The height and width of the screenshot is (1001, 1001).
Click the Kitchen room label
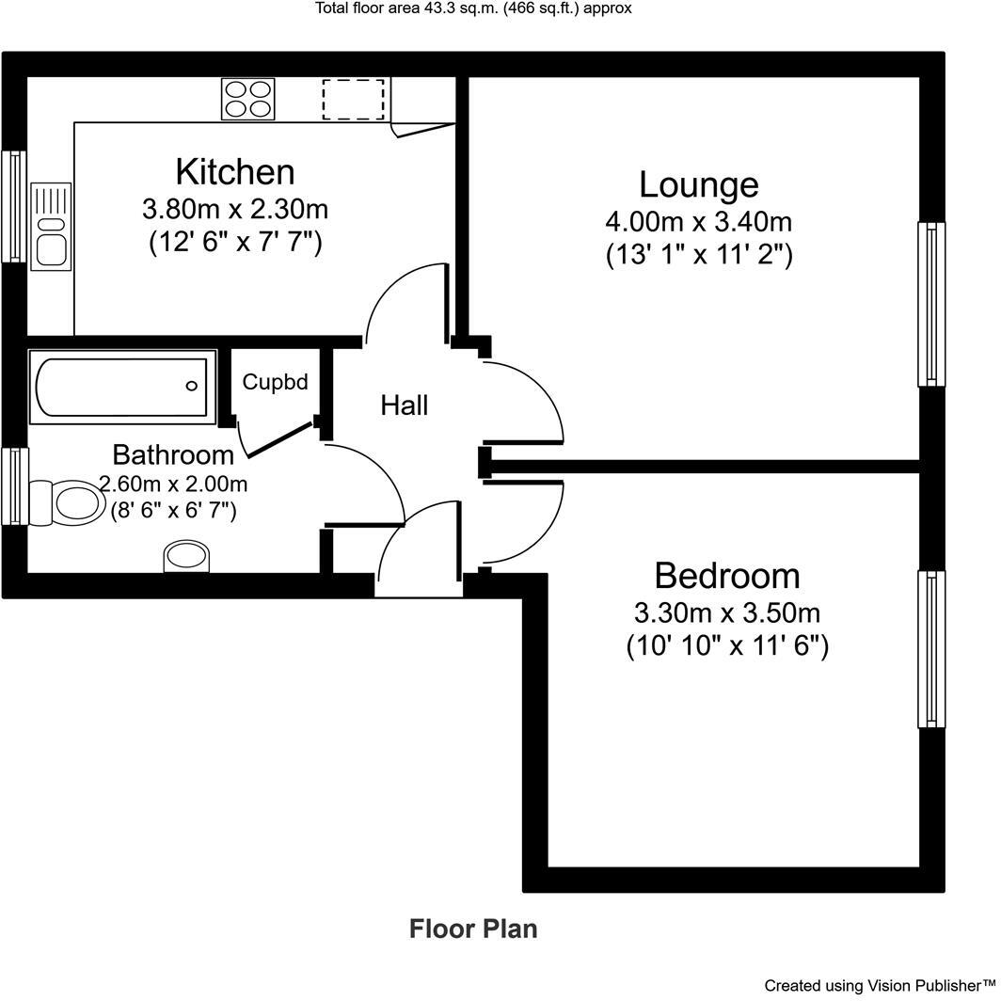(235, 172)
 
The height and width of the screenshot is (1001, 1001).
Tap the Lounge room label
(698, 184)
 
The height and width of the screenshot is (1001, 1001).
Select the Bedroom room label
(727, 575)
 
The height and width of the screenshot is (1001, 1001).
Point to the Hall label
(405, 405)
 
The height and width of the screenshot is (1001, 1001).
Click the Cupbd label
(275, 382)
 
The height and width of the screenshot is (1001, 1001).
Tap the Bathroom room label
(173, 454)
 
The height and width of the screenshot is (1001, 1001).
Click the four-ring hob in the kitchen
(248, 99)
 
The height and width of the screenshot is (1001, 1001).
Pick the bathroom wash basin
(188, 555)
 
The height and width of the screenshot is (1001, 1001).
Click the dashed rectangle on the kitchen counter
(354, 99)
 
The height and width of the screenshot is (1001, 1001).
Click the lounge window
(930, 304)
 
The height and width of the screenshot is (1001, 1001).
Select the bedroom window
(930, 649)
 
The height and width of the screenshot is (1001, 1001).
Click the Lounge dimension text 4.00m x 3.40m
(698, 223)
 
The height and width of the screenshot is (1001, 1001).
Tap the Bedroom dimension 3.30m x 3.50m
(727, 613)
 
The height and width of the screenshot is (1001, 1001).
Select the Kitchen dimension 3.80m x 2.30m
(235, 208)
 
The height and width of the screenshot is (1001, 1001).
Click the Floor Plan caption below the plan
(473, 929)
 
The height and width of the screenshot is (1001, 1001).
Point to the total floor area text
(473, 8)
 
